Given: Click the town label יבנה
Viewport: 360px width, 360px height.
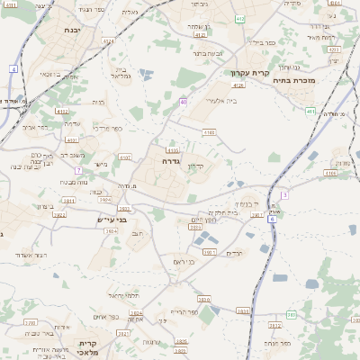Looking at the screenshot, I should [x=71, y=30].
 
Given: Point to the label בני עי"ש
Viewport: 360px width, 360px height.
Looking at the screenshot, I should [x=112, y=219].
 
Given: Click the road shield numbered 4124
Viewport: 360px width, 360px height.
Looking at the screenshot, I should [x=109, y=40].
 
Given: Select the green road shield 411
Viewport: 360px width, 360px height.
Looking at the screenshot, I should [x=310, y=112].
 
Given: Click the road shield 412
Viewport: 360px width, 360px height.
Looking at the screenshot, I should [x=238, y=18].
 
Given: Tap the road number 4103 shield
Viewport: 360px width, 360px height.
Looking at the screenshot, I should [x=209, y=132].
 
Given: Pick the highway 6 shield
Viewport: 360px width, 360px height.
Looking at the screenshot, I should [x=272, y=218].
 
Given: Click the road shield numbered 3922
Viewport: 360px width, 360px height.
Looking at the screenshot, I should [x=60, y=214].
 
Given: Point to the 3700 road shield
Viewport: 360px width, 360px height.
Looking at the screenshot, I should [x=30, y=321].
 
